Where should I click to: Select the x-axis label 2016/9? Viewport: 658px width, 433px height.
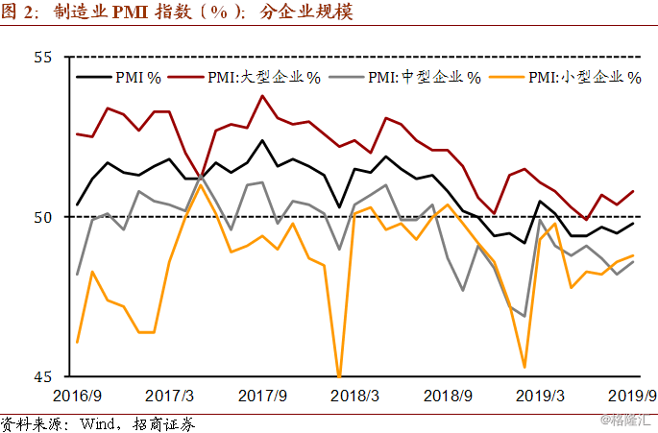click(77, 396)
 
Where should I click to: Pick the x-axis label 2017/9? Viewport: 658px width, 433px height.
click(263, 396)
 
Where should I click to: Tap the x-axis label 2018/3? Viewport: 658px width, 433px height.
click(354, 396)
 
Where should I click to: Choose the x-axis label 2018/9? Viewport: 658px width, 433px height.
click(447, 396)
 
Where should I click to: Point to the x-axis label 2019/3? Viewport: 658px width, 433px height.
click(540, 396)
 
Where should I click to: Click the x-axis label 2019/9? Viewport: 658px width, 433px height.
click(631, 396)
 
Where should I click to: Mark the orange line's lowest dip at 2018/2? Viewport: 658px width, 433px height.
click(339, 375)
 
